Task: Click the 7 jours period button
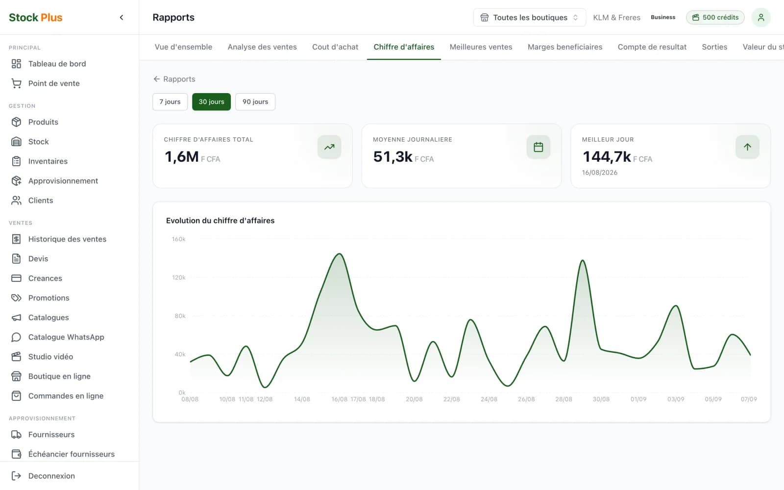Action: point(170,102)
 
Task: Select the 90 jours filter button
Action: point(255,102)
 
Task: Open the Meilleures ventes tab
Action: point(481,47)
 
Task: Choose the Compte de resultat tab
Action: point(652,47)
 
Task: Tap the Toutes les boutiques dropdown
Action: point(529,18)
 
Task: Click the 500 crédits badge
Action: point(715,18)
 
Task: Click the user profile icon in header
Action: point(761,18)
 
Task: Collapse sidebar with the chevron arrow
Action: point(122,18)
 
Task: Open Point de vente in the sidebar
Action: point(54,83)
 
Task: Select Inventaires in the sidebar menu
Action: point(48,161)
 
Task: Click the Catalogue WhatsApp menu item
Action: point(66,337)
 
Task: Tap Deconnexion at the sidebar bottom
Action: point(51,476)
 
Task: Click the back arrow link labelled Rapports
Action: point(174,79)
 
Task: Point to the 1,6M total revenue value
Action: point(182,156)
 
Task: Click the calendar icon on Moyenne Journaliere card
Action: point(539,147)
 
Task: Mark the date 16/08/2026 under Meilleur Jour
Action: point(600,172)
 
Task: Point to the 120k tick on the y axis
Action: point(178,277)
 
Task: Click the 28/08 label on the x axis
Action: point(563,399)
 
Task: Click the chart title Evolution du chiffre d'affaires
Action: point(220,220)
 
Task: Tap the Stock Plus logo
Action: point(36,18)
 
